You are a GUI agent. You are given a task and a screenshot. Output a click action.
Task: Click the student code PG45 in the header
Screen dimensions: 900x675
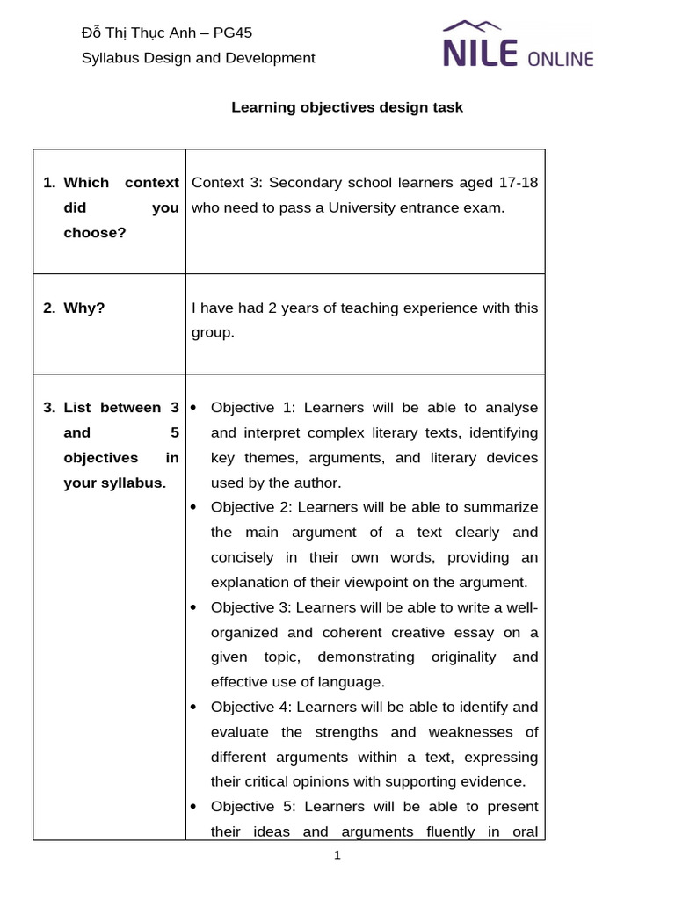click(x=233, y=33)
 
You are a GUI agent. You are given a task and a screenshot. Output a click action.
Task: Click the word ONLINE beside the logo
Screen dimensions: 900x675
click(x=561, y=59)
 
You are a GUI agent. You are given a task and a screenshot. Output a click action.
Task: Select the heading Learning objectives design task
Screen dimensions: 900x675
click(x=346, y=107)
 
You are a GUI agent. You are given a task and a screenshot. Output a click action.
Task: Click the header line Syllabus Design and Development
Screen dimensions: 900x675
click(x=198, y=58)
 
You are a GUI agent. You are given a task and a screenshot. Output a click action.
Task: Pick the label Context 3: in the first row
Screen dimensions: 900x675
click(x=227, y=183)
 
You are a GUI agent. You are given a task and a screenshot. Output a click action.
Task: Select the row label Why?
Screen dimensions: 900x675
click(x=83, y=308)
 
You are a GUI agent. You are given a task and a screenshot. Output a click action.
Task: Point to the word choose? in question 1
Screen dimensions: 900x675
click(x=95, y=233)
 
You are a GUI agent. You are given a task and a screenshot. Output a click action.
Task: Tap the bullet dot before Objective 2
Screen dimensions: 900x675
click(x=193, y=507)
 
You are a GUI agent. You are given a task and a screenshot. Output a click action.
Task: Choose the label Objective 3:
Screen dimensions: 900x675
click(x=251, y=607)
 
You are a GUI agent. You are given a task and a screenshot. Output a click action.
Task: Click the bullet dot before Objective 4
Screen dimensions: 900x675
click(x=193, y=707)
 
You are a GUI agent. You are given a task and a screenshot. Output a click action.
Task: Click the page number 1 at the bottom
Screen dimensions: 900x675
click(x=337, y=855)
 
